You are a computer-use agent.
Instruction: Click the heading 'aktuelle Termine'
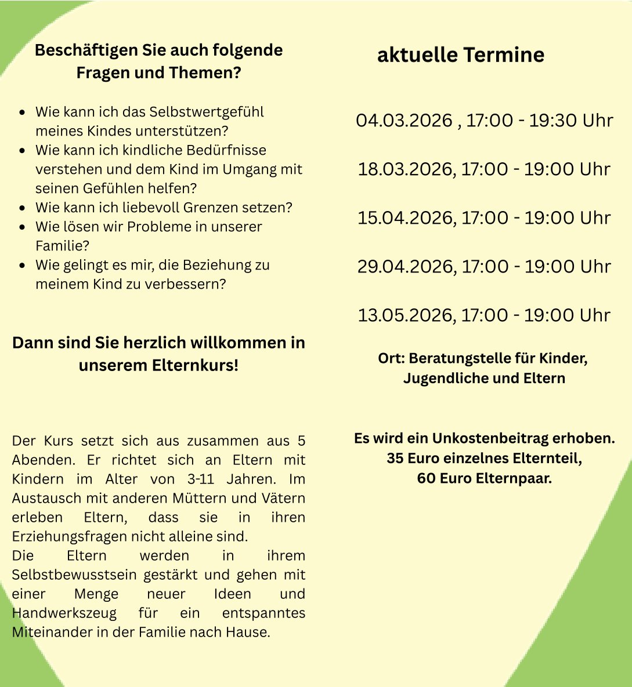(x=461, y=55)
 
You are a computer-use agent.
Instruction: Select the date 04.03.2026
(x=404, y=121)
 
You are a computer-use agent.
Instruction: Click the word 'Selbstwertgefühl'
(x=207, y=112)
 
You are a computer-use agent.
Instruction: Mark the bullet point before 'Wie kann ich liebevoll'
(x=22, y=208)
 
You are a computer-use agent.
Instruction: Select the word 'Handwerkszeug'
(x=64, y=613)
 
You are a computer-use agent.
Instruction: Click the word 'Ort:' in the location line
(x=391, y=358)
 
